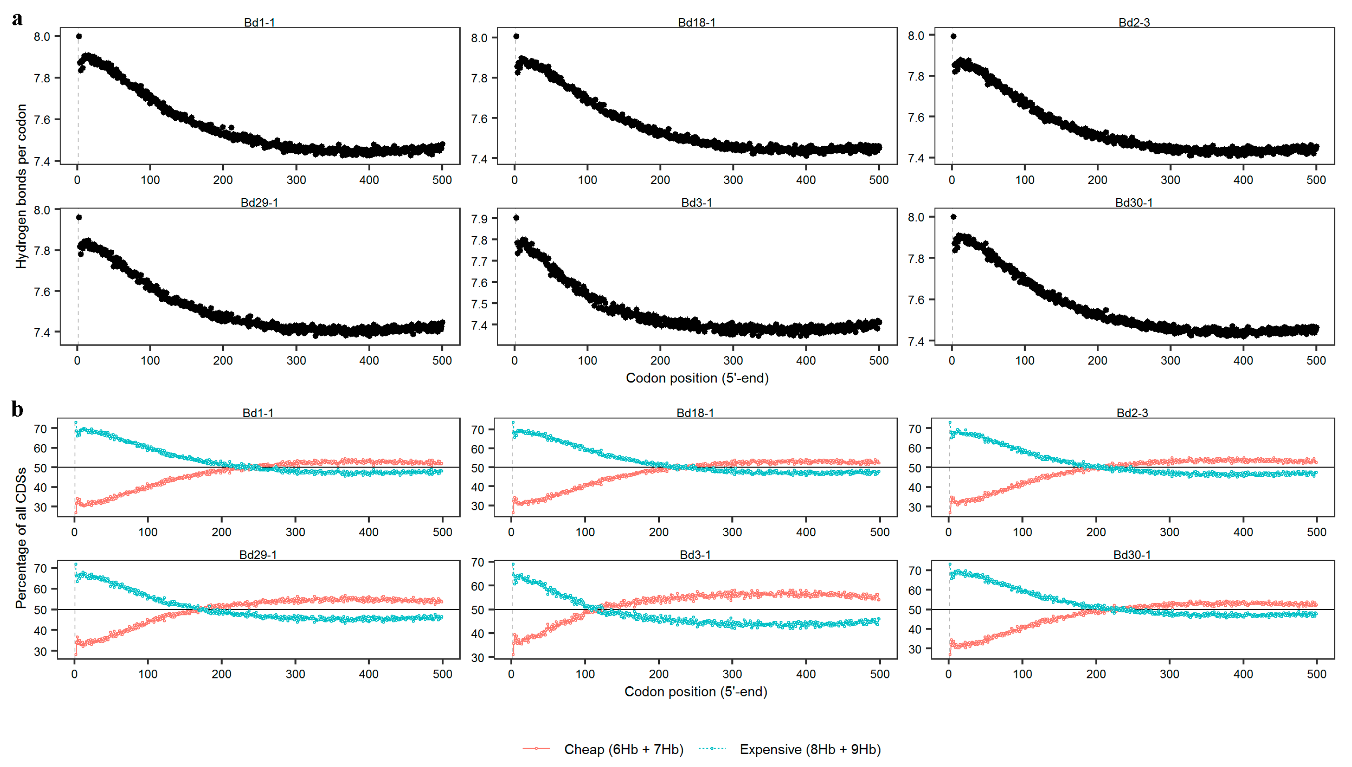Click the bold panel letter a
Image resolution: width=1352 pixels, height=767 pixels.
(x=17, y=19)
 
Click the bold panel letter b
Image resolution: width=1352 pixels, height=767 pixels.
(x=17, y=409)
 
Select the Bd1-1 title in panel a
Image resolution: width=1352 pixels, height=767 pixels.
(x=259, y=22)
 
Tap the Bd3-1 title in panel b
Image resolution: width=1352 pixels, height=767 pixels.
(x=695, y=555)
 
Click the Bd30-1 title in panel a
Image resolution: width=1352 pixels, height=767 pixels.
(x=1134, y=203)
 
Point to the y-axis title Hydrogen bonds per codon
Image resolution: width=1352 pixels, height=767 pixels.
(x=21, y=186)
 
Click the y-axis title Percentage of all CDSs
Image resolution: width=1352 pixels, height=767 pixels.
(x=21, y=538)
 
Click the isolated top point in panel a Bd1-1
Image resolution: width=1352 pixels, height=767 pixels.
(x=79, y=37)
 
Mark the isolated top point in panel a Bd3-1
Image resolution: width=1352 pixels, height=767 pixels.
(x=516, y=218)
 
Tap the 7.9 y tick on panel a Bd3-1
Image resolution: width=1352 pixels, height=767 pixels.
(x=479, y=219)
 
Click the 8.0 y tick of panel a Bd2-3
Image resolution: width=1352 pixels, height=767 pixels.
(x=916, y=35)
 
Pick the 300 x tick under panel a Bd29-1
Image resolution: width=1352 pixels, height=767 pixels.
(x=296, y=361)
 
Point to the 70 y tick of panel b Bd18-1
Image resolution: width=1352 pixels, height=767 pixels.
(x=477, y=430)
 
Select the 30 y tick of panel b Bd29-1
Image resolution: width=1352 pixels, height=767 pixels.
(x=41, y=651)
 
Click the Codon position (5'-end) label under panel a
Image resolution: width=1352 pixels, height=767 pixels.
(x=697, y=378)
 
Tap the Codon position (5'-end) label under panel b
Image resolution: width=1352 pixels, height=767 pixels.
(x=695, y=691)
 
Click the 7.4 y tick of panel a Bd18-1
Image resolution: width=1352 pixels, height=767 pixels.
(x=479, y=159)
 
